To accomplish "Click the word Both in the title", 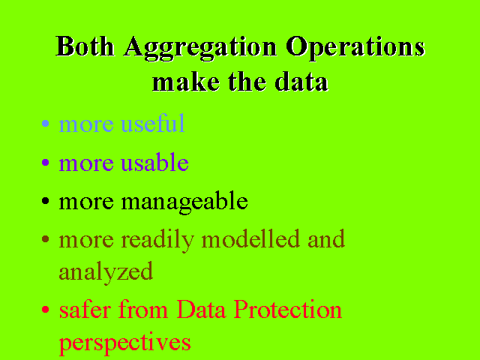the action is coord(85,46).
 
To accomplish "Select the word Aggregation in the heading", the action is coord(200,49).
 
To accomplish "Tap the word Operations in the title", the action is coord(355,49).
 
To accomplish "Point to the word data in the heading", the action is coord(301,82).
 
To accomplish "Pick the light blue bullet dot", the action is coord(45,123).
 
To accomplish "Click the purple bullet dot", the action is coord(45,162).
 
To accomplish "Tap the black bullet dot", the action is coord(45,201).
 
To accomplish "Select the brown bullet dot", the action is coord(45,239).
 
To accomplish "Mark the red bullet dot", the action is coord(45,310).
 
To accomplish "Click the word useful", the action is coord(153,123).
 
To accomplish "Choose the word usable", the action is coord(155,162).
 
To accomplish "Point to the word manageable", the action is coord(184,202).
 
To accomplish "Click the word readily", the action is coord(157,241).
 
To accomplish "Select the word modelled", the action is coord(250,238).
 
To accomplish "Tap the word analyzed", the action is coord(106,272).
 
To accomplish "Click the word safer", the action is coord(85,309).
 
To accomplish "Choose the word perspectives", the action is coord(125,343).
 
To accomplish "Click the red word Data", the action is coord(202,309).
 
